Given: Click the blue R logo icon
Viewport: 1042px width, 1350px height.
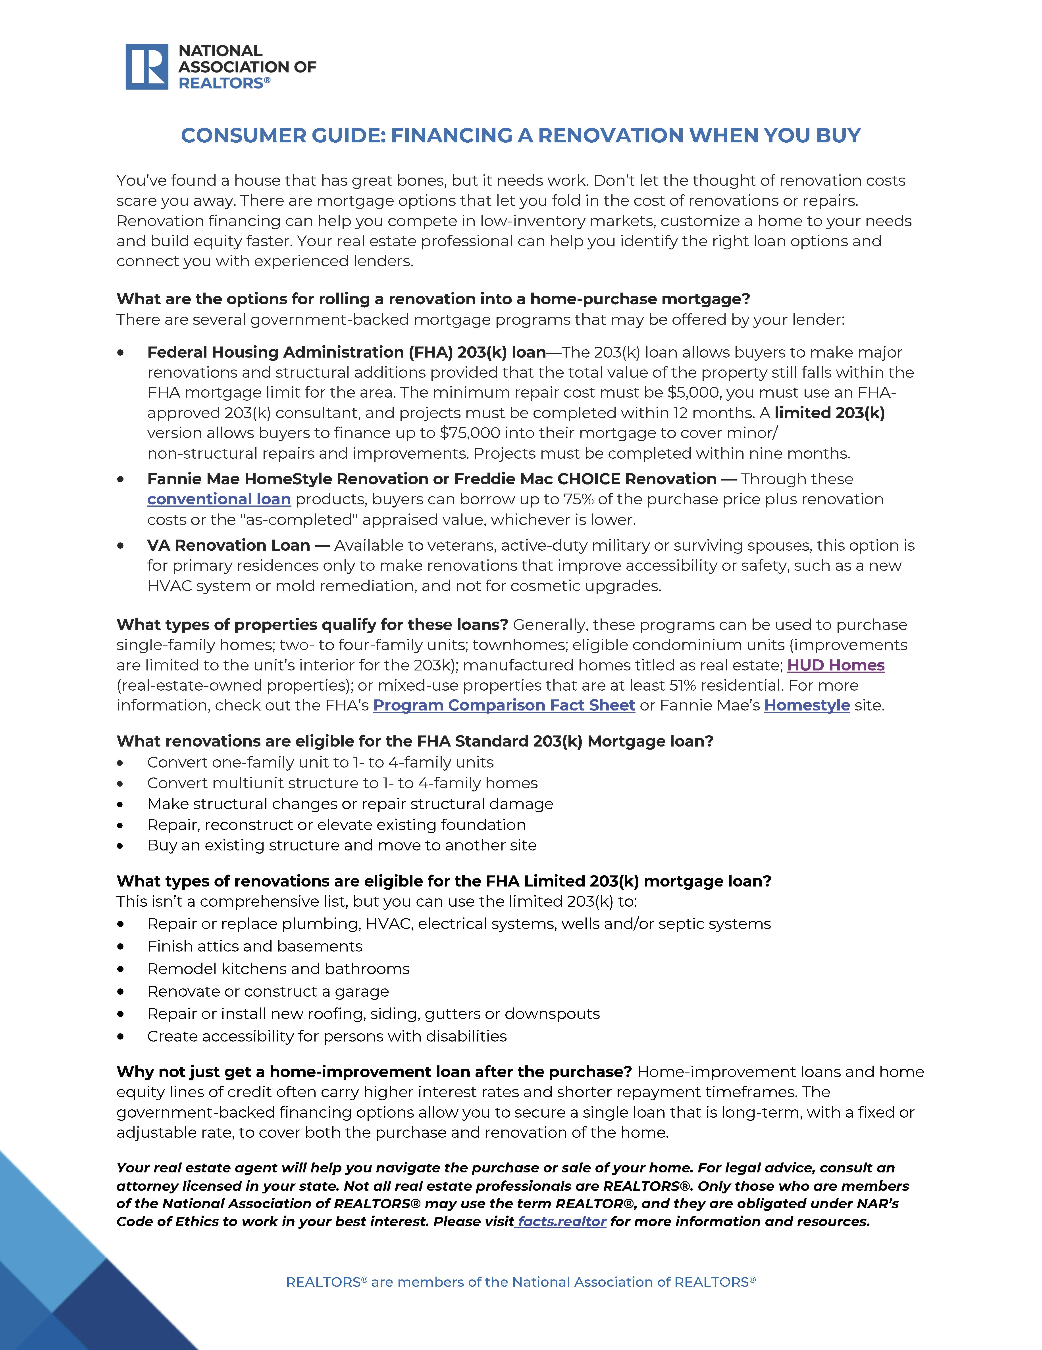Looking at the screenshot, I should [146, 67].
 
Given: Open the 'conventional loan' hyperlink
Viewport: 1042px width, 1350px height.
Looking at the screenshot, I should [219, 500].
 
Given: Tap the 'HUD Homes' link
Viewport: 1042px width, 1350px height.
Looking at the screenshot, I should [836, 665].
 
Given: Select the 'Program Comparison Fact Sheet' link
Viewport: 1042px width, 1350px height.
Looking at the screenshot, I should [504, 705].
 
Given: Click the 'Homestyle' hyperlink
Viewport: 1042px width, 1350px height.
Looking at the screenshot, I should [807, 705].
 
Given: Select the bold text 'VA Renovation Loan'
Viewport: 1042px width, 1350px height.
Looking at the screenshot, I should [228, 545].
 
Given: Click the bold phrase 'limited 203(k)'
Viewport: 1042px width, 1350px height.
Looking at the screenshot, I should [829, 413].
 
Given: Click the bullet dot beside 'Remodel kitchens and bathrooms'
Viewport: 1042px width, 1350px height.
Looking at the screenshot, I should [121, 969].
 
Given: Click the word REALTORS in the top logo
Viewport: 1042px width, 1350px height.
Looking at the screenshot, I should [221, 83].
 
